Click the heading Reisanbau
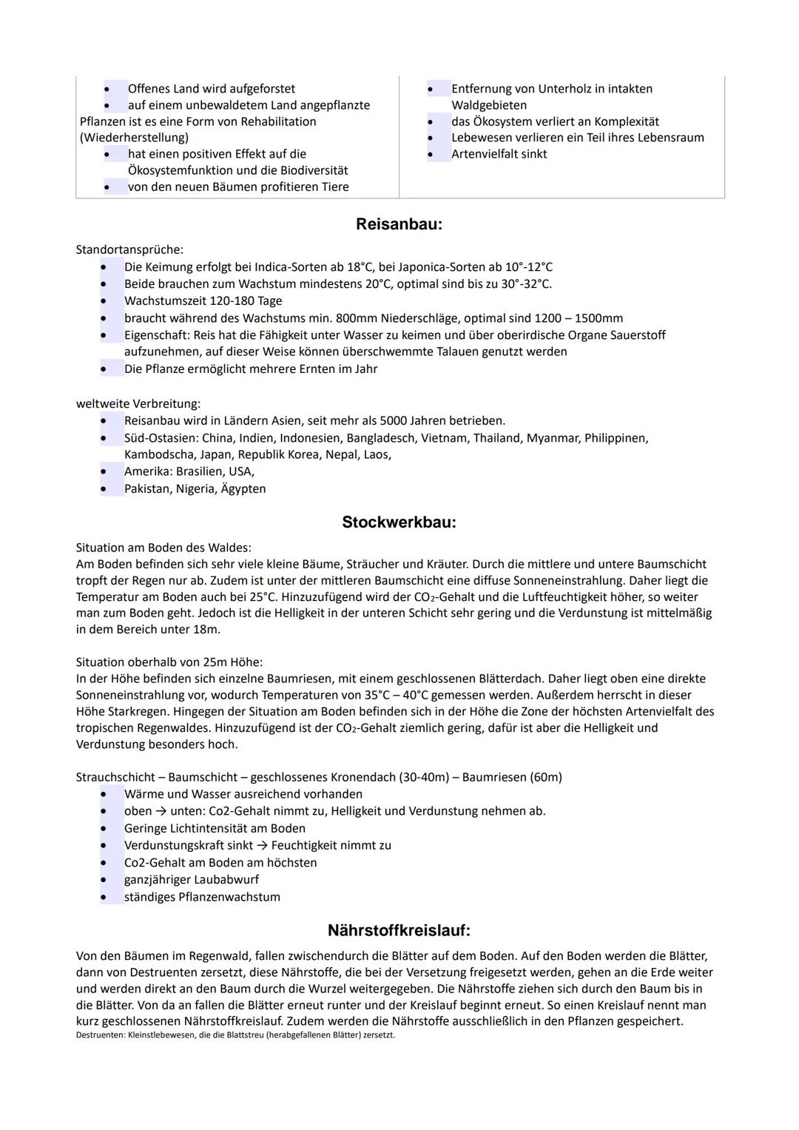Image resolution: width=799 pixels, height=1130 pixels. (399, 224)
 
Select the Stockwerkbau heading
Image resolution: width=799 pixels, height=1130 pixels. (399, 522)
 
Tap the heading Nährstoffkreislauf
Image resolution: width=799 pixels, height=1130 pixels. (399, 930)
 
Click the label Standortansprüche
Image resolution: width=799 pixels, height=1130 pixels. (129, 250)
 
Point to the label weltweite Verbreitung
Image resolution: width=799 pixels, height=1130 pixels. (138, 404)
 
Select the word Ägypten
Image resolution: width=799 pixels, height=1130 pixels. (243, 489)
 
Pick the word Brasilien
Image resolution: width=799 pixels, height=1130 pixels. (200, 471)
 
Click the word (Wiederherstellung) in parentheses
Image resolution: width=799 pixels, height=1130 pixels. (134, 138)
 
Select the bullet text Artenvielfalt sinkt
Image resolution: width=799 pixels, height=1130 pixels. (499, 154)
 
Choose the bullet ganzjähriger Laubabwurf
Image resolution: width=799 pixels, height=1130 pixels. (192, 880)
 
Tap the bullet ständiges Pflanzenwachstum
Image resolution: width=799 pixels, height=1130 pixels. (202, 897)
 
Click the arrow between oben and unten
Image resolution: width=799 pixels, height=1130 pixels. (161, 811)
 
